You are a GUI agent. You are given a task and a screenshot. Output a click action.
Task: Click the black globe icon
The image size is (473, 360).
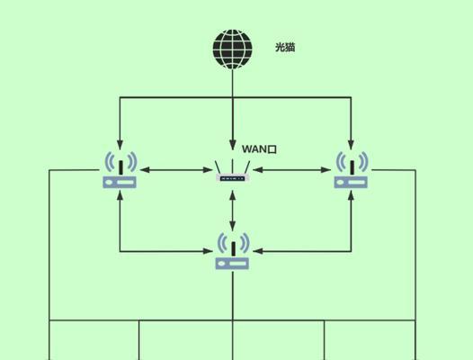(232, 49)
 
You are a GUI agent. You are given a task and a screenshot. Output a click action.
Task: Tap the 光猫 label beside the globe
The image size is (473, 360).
(285, 48)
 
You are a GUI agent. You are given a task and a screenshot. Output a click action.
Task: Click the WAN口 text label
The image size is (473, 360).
(259, 149)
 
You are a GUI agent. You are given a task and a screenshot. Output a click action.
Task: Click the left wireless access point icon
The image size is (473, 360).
(120, 170)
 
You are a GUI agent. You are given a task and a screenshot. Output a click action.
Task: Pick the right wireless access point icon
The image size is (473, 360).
(351, 170)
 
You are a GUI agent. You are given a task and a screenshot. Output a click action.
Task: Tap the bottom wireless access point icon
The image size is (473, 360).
(232, 251)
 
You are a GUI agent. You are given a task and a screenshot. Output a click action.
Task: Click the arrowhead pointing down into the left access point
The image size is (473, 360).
(120, 144)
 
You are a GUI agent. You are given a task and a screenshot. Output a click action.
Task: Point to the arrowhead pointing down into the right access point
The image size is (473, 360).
(351, 144)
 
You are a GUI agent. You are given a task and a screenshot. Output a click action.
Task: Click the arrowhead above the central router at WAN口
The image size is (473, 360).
(232, 144)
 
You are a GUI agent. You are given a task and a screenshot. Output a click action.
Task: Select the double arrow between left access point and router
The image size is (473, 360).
(176, 170)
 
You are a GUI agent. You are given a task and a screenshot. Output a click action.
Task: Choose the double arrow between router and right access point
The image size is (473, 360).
(292, 170)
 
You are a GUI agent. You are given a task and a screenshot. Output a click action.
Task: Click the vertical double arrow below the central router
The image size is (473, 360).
(232, 211)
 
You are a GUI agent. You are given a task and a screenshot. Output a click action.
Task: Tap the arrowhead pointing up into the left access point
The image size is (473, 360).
(120, 195)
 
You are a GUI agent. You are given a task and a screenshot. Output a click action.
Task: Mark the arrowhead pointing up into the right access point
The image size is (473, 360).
(351, 195)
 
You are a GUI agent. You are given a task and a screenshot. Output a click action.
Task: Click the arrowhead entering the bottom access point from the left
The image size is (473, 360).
(208, 251)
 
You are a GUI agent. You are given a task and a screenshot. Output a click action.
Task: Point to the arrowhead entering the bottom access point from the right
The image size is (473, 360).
(258, 251)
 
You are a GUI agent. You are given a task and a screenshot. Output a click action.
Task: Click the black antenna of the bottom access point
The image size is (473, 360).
(233, 249)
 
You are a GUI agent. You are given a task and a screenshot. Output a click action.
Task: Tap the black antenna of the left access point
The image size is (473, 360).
(120, 167)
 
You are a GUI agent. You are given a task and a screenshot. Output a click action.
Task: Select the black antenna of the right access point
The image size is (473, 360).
(352, 167)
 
